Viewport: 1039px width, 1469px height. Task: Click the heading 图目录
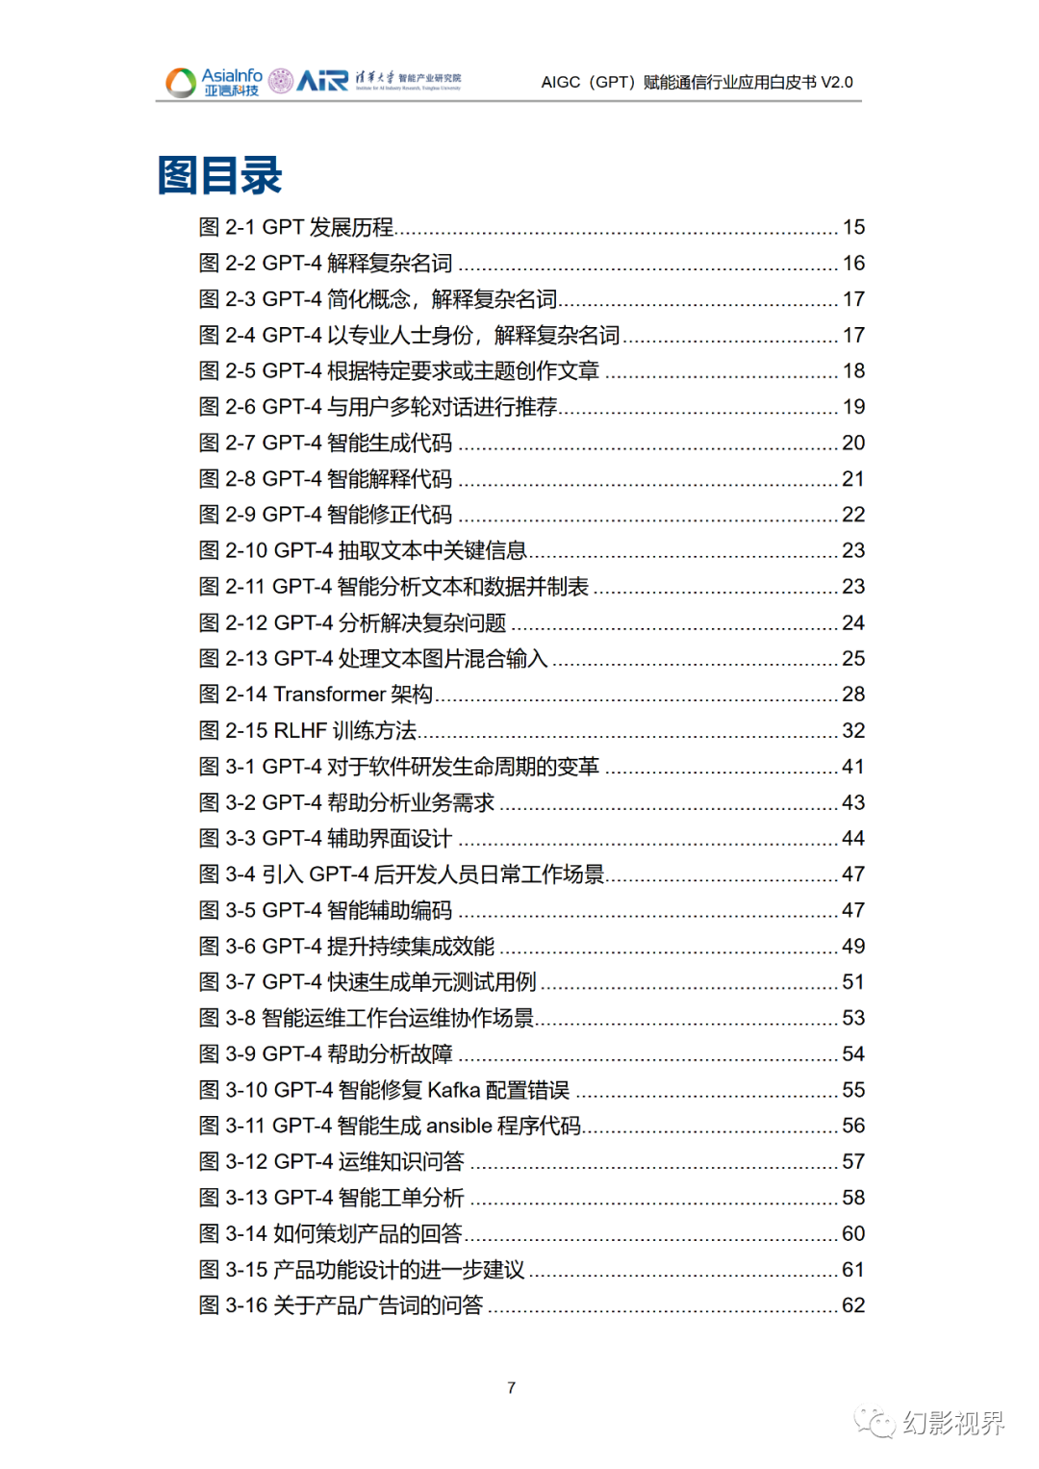pos(219,176)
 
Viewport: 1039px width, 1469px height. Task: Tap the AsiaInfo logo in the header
pos(215,82)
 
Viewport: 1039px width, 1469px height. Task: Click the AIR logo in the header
pos(322,81)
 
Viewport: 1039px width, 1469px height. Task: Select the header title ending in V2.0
pos(697,83)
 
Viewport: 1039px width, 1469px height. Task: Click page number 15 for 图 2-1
pos(853,227)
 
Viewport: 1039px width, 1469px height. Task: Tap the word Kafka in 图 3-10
pos(453,1090)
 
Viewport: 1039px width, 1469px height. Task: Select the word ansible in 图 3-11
pos(459,1126)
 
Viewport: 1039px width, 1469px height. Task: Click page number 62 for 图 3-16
pos(853,1305)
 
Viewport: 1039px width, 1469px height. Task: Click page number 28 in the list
pos(853,695)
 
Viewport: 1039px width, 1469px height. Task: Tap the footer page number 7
pos(511,1387)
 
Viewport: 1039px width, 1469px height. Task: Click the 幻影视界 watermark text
pos(953,1422)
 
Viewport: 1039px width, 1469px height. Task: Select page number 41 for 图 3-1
pos(853,767)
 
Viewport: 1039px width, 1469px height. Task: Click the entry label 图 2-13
pos(233,659)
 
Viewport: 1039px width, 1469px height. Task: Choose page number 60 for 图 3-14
pos(853,1233)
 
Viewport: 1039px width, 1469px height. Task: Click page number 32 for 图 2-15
pos(853,731)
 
